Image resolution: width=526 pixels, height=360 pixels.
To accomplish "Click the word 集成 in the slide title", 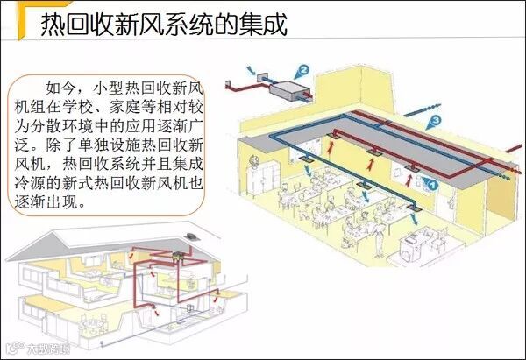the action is [264, 25].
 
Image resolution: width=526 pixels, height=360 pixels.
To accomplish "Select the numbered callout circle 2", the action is [304, 69].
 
